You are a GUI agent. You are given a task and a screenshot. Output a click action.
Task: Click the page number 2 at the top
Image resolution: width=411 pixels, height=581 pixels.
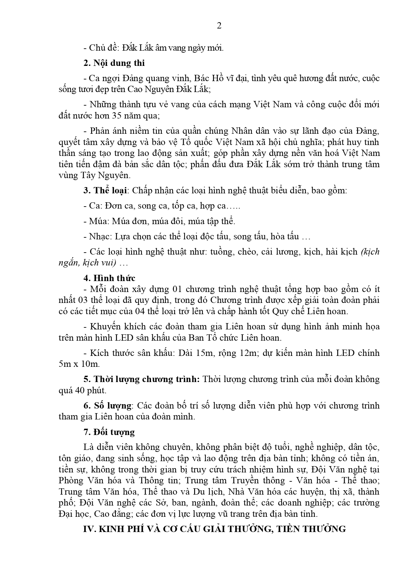219,26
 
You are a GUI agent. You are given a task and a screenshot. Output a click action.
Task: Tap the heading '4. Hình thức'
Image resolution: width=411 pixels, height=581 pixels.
109,278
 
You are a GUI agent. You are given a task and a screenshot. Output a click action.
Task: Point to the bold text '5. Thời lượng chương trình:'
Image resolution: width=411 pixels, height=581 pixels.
141,379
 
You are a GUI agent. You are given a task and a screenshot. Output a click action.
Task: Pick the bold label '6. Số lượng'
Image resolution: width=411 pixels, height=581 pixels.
107,406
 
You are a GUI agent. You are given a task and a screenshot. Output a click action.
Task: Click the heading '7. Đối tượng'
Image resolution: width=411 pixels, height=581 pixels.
109,432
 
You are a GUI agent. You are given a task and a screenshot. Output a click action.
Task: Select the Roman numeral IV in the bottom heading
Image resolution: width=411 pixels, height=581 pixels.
89,529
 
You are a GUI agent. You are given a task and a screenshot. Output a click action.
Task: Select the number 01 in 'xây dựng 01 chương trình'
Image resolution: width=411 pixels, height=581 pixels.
178,289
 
